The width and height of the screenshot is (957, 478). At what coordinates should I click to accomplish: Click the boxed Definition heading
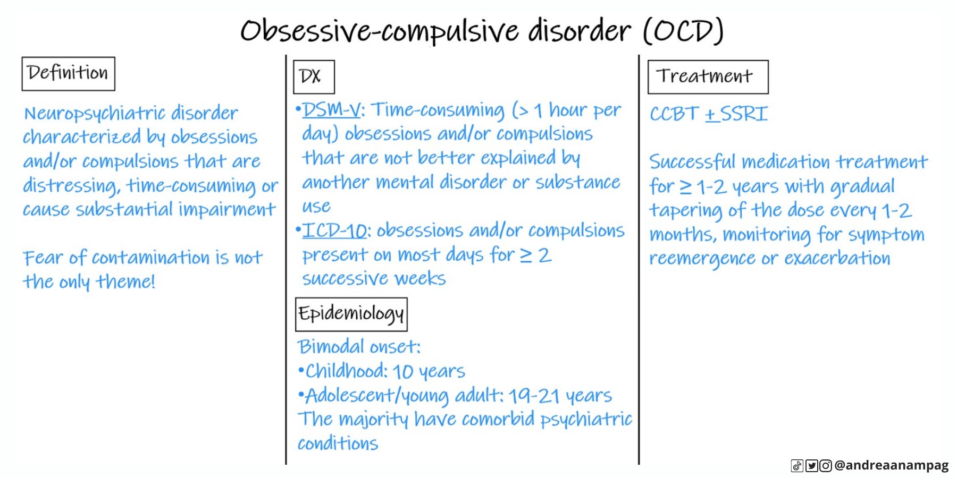[68, 73]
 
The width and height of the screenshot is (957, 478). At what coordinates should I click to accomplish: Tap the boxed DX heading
[314, 77]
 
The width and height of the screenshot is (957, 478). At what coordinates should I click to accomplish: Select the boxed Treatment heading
[707, 77]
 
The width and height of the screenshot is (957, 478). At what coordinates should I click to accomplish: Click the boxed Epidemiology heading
[351, 314]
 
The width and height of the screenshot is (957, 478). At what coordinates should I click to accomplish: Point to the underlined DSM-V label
[332, 110]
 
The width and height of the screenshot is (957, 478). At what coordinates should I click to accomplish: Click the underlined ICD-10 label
[335, 231]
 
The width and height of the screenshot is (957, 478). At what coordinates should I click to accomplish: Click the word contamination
[151, 258]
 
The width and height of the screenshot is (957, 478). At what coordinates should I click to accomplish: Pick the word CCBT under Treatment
[674, 114]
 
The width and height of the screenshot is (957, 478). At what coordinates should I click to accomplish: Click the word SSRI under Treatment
[743, 114]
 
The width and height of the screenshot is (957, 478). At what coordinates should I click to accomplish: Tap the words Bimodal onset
[359, 347]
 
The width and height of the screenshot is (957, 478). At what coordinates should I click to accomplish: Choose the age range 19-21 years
[560, 396]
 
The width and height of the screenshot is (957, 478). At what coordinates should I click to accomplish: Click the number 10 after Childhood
[403, 372]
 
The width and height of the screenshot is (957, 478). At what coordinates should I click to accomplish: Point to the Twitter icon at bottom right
[811, 466]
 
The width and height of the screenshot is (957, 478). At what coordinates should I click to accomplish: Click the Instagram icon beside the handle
[825, 466]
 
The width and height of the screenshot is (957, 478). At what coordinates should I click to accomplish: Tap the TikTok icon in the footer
[797, 466]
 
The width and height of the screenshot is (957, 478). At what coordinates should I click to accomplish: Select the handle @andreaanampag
[892, 465]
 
